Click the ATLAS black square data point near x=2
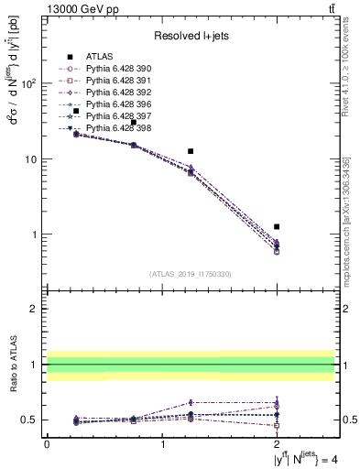277,226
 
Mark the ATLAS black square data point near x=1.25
191,151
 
